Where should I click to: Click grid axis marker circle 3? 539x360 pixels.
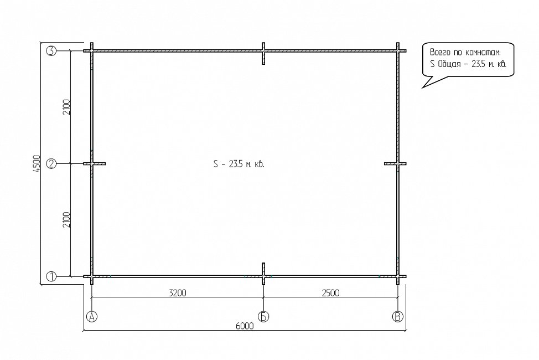coord(51,51)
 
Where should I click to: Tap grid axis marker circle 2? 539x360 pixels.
coord(51,164)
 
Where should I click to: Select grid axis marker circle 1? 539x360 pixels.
coord(51,276)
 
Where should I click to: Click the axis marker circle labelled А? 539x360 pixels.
coord(92,316)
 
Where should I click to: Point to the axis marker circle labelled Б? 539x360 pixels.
coord(263,316)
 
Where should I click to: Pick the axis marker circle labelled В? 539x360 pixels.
coord(398,316)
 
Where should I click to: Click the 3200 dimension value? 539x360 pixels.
coord(178,293)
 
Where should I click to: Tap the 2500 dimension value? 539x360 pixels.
coord(331,293)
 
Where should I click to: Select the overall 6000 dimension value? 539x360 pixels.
coord(245,326)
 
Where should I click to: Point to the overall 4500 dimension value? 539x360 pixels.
coord(37,164)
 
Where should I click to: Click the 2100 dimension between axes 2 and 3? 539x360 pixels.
coord(66,107)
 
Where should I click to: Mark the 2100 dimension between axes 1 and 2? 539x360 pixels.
coord(66,220)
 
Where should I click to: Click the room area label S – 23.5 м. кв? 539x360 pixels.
coord(239,164)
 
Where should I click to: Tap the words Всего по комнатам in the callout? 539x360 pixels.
coord(465,52)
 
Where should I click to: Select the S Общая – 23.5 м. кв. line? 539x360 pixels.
coord(468,64)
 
